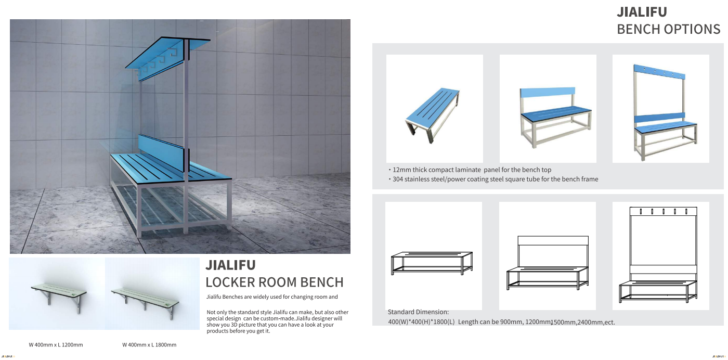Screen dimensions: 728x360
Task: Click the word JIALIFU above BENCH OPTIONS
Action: (642, 12)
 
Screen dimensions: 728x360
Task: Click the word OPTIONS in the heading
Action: (692, 29)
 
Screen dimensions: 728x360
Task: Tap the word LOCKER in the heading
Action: (230, 282)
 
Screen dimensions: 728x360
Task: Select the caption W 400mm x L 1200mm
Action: (56, 345)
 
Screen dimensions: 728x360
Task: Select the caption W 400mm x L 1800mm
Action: (150, 345)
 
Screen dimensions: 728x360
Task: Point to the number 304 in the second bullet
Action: (398, 179)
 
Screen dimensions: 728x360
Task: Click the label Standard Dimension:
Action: (418, 312)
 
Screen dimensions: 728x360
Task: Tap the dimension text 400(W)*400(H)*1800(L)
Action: (421, 322)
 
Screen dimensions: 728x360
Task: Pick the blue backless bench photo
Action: (433, 114)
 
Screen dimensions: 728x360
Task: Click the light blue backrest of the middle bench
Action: (548, 92)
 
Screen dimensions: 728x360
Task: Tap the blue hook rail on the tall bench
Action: (659, 72)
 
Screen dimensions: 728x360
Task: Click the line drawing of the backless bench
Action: (432, 263)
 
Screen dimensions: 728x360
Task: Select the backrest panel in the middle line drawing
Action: (553, 241)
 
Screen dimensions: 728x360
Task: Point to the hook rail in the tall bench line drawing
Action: (664, 211)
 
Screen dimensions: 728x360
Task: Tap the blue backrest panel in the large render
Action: (162, 152)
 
